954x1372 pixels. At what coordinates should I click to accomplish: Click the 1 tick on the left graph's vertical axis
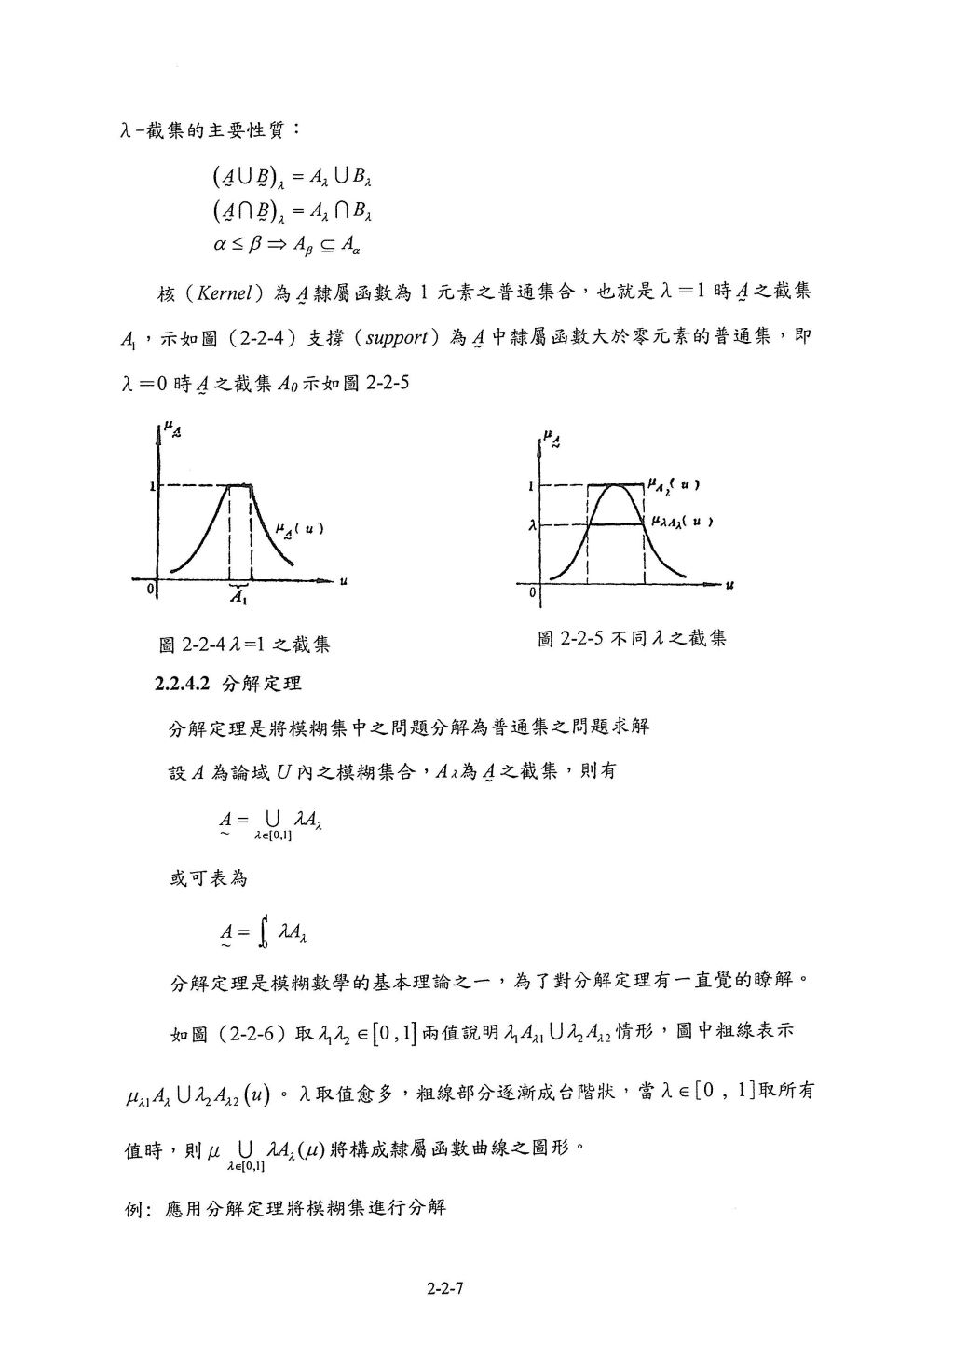pyautogui.click(x=153, y=485)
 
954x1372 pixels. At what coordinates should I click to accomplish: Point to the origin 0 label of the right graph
pyautogui.click(x=533, y=592)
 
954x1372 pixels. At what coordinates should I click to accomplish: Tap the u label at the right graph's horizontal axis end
pyautogui.click(x=729, y=586)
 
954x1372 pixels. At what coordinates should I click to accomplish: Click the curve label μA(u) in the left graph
pyautogui.click(x=299, y=529)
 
